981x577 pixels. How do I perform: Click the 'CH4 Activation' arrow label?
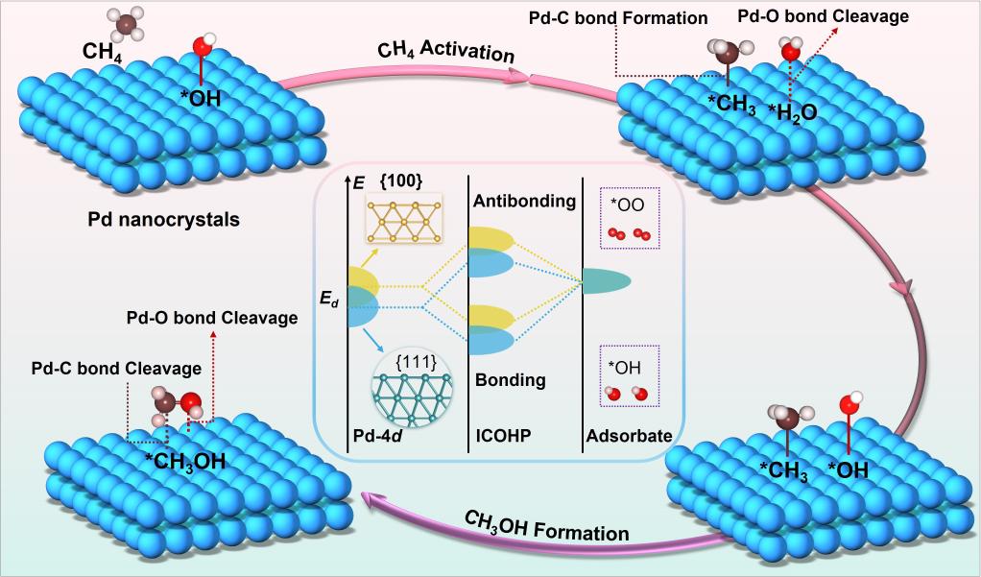(x=445, y=51)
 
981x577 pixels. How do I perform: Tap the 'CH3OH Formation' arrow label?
(x=547, y=526)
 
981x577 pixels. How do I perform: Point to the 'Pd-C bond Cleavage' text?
(x=116, y=368)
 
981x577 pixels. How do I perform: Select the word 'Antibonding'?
(x=524, y=201)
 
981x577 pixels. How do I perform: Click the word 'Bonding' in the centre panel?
(x=510, y=380)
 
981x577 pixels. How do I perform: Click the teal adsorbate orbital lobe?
(x=607, y=280)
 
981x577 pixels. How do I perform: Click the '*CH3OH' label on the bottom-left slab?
(x=185, y=461)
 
